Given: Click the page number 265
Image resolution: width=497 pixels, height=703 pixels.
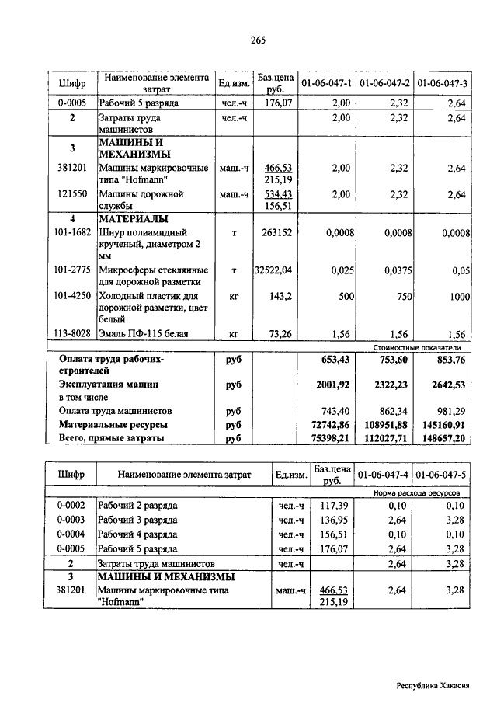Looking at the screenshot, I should [259, 40].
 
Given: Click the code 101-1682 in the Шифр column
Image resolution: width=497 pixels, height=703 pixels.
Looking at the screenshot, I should [72, 231].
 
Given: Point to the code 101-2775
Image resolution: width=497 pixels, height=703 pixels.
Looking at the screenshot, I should [72, 270].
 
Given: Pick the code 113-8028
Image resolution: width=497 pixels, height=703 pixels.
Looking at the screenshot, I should [72, 334].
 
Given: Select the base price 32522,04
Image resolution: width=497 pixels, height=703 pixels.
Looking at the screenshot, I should [273, 270].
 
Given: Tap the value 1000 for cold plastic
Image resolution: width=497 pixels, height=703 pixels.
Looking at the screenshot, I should [460, 297].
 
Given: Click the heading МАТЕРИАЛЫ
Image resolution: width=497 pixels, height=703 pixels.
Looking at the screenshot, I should [134, 219].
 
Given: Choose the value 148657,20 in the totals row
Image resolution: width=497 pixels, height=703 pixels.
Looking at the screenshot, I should [445, 439].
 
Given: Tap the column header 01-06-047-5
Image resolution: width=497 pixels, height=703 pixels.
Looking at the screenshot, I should [440, 475].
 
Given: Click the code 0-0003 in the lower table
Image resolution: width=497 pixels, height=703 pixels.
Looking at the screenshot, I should [71, 520].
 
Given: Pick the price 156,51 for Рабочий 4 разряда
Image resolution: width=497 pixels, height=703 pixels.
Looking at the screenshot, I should [332, 534].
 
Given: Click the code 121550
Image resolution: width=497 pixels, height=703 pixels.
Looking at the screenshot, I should [72, 193].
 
